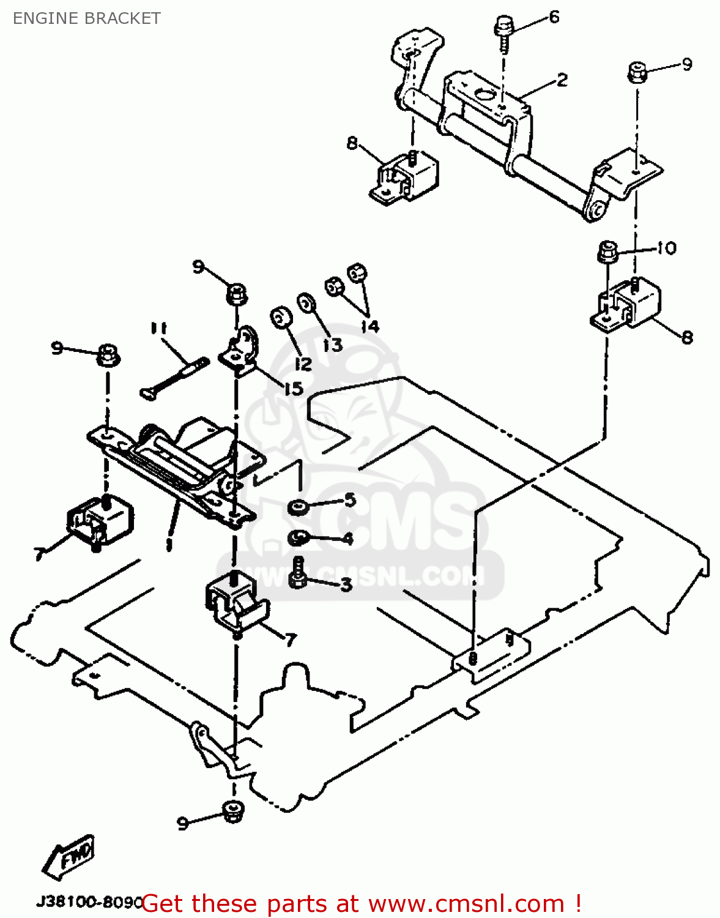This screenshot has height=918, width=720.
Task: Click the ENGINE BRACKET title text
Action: coord(86,18)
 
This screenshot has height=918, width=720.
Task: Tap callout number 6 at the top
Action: coord(554,17)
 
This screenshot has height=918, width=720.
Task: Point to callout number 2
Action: coord(562,80)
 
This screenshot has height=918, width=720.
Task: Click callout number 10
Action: coord(666,248)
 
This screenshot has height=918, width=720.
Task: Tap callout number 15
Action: coord(294,388)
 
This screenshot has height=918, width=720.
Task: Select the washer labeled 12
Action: coord(281,318)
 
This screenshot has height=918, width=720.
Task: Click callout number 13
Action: coord(332,345)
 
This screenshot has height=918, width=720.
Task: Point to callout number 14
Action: coord(369,326)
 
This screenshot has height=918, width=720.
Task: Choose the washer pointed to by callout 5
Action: coord(298,507)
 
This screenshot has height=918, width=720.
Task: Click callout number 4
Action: coord(347,539)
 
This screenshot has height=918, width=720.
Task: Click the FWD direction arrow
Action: coord(69,855)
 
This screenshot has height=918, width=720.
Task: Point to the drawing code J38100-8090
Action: coord(89,902)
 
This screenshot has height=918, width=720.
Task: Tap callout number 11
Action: coord(158,329)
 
